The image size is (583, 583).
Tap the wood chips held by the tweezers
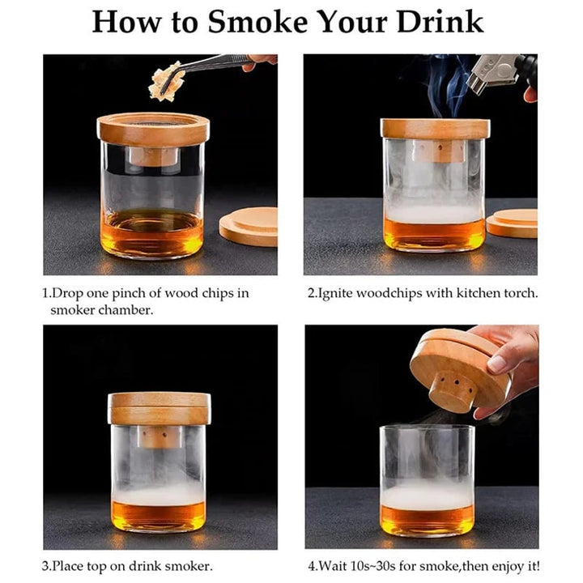(167, 83)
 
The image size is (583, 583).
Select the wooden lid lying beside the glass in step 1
(249, 226)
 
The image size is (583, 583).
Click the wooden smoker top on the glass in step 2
(435, 129)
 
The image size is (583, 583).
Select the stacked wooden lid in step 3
(159, 408)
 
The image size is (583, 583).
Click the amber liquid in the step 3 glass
(158, 515)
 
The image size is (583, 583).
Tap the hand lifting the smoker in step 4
(510, 356)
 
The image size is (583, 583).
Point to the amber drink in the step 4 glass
(427, 520)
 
